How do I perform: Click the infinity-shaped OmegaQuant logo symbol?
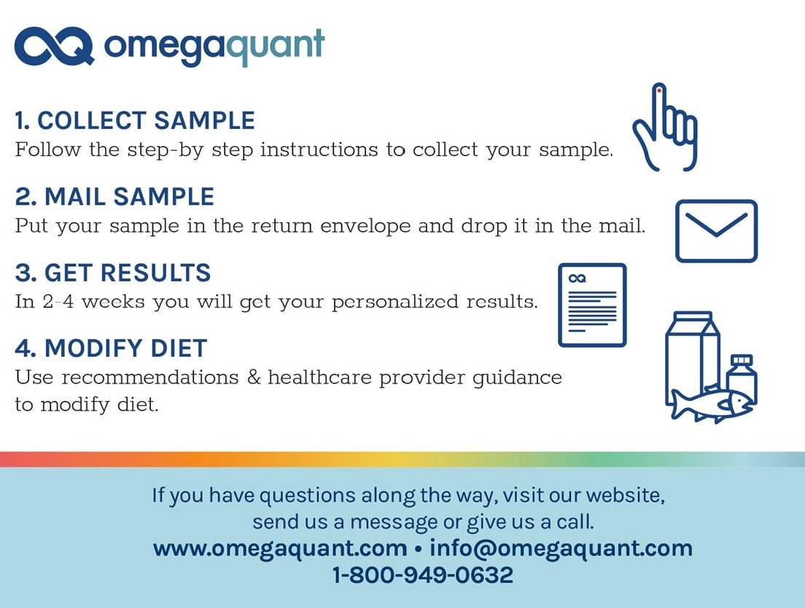[x=54, y=47]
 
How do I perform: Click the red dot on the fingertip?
[x=659, y=91]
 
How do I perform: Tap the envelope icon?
[x=716, y=230]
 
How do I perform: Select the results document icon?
[x=592, y=305]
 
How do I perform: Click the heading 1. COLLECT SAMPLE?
[x=135, y=120]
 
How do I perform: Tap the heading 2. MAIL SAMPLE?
[x=114, y=197]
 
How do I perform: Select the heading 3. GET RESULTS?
[x=113, y=273]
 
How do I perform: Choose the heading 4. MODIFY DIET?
[x=111, y=348]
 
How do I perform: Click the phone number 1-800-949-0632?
[x=422, y=575]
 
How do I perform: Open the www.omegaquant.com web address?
[x=280, y=548]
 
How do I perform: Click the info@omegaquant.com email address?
[x=561, y=548]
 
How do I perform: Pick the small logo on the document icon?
[x=577, y=278]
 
